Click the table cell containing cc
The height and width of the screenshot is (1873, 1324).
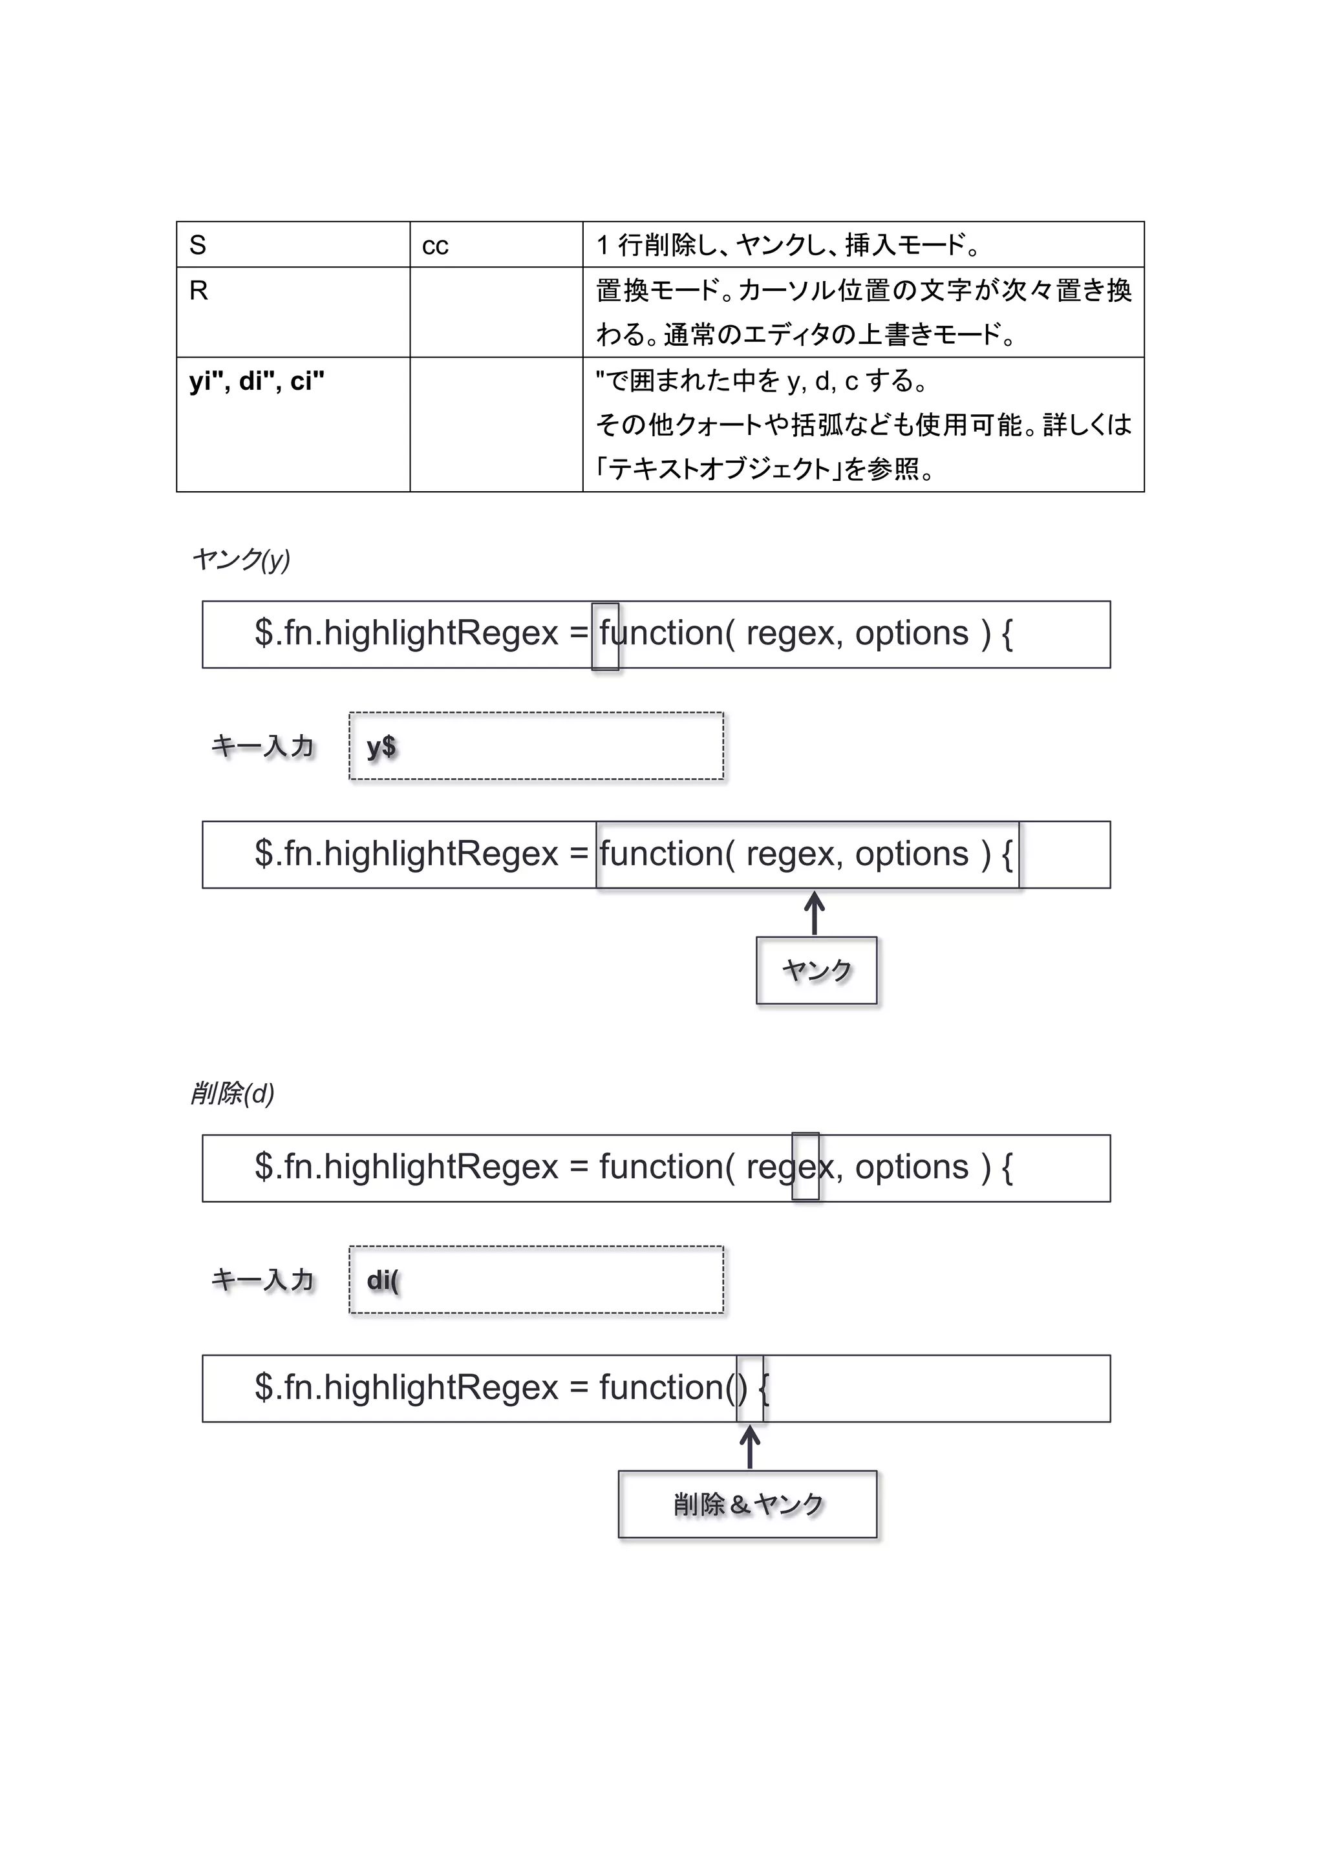495,245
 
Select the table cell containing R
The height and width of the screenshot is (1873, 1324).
292,312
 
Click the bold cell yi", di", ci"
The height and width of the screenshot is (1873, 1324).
257,381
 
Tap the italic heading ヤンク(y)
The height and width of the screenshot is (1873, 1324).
240,560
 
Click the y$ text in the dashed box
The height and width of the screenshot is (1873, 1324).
381,746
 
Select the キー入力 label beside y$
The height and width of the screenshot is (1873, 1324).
262,746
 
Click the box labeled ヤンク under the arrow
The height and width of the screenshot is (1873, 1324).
816,970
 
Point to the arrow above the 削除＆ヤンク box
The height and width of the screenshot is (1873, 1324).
750,1447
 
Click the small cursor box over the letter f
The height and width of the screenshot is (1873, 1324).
604,637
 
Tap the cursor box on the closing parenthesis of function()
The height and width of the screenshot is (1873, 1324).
750,1388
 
